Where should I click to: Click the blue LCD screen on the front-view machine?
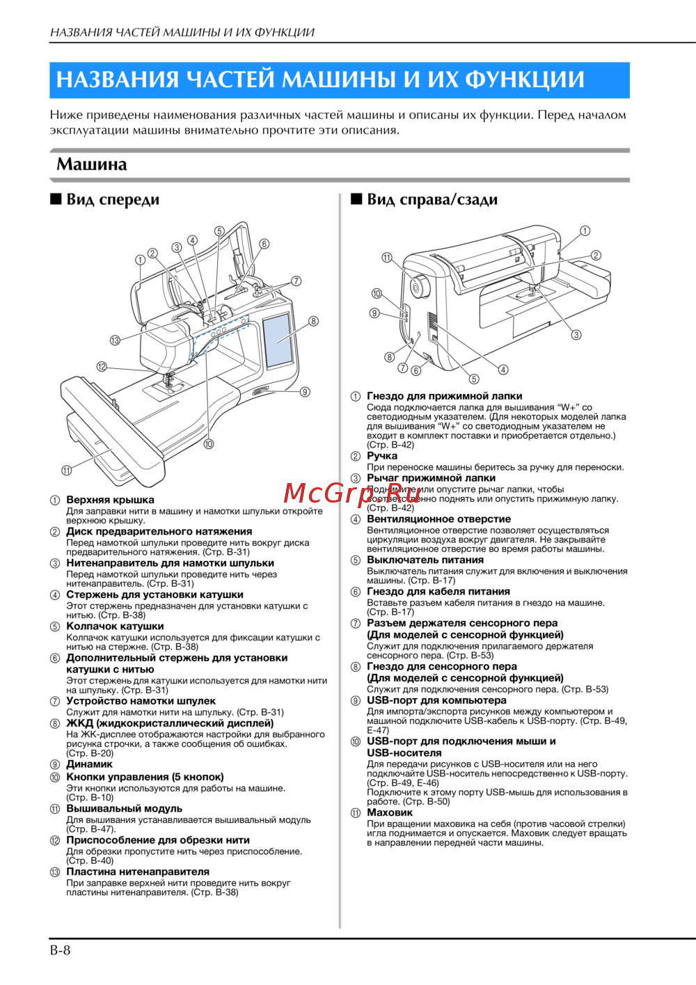click(278, 340)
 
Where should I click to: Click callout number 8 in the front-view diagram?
click(313, 321)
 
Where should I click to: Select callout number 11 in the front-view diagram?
click(66, 471)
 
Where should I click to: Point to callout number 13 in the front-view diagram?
click(116, 340)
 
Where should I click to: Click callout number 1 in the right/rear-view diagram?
click(585, 230)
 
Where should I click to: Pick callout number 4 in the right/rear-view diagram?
click(503, 370)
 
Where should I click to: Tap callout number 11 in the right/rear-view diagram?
click(387, 258)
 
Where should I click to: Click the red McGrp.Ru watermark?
click(345, 494)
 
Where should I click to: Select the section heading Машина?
click(92, 164)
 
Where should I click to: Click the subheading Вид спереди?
click(113, 200)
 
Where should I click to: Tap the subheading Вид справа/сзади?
click(432, 200)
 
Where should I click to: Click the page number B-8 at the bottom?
click(61, 950)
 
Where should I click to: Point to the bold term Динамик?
click(89, 764)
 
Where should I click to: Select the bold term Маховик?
click(390, 812)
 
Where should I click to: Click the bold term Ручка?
click(382, 456)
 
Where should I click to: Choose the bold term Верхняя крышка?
click(111, 500)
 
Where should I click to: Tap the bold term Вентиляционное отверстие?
click(438, 519)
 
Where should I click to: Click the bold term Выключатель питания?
click(425, 560)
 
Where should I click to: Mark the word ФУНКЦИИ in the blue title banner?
click(524, 79)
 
